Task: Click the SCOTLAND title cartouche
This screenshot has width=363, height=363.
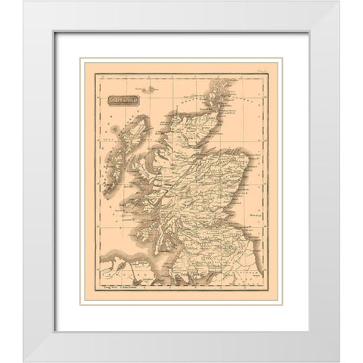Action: coord(124,100)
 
